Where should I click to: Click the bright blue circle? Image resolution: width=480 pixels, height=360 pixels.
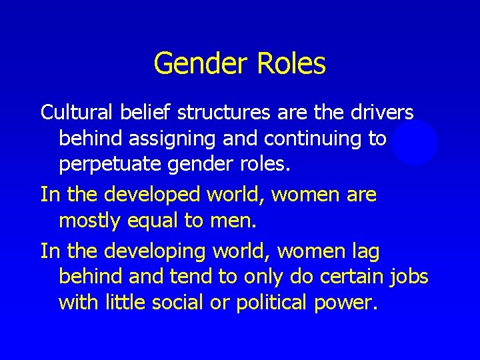(x=414, y=142)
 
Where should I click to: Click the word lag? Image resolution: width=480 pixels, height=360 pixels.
(x=363, y=252)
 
